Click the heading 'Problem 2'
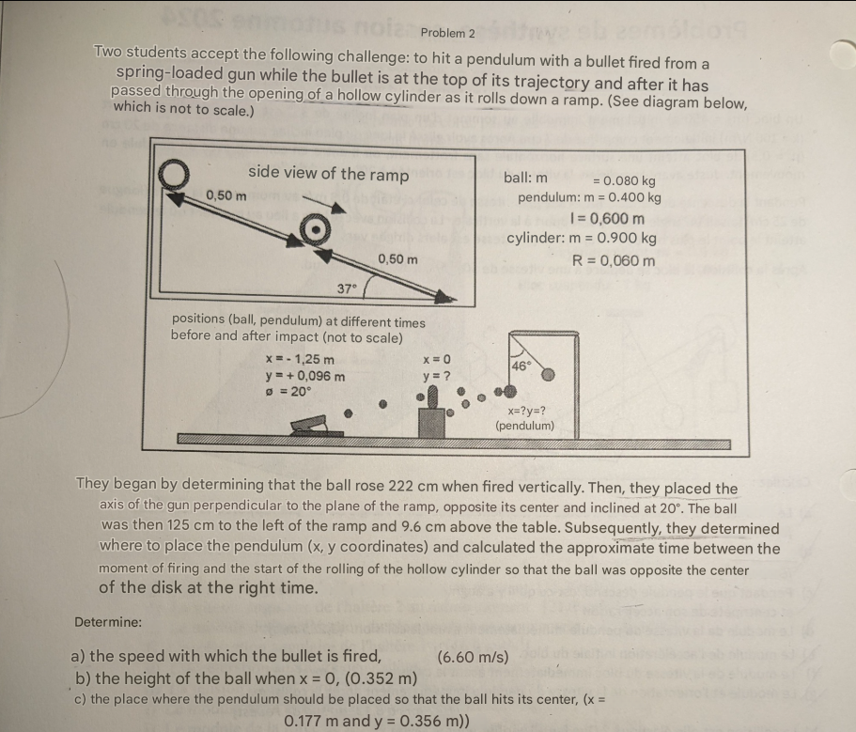[448, 33]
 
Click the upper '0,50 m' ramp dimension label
[226, 195]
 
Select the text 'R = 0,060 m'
[615, 260]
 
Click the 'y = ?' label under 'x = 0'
[437, 376]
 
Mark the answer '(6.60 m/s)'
[474, 657]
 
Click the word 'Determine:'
[108, 621]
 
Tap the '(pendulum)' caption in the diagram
[525, 426]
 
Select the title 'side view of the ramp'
[328, 174]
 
